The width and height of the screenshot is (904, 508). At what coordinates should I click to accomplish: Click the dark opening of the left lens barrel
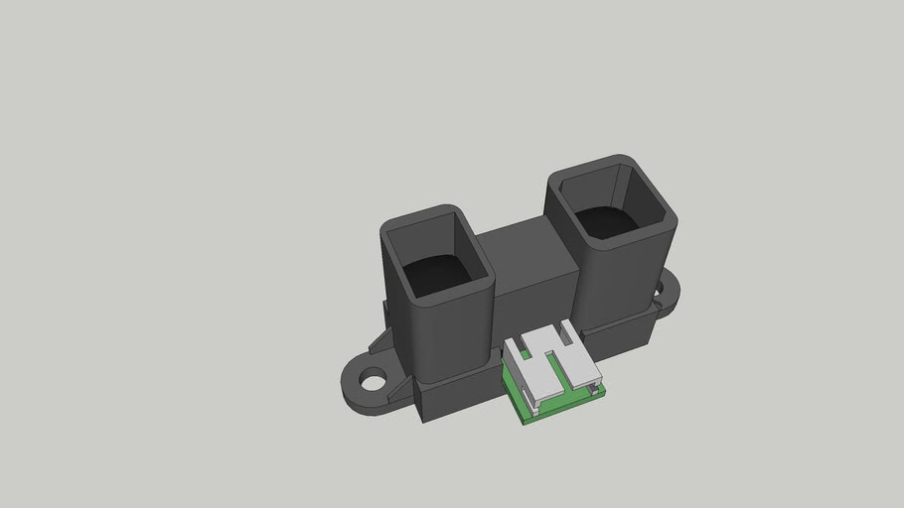(x=437, y=273)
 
